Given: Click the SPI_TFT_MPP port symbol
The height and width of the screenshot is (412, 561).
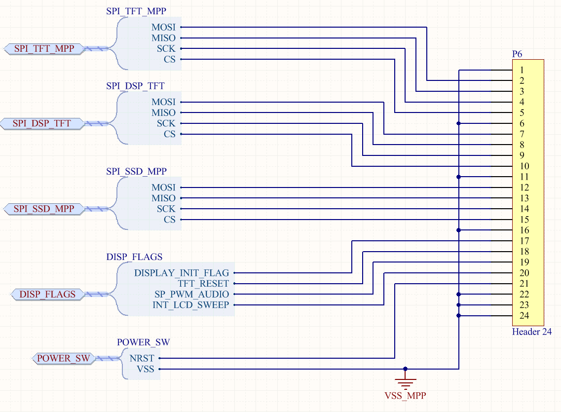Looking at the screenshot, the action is pyautogui.click(x=44, y=49).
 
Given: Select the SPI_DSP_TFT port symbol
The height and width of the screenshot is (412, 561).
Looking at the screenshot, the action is pyautogui.click(x=42, y=123).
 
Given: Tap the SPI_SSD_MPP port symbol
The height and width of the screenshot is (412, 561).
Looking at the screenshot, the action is pyautogui.click(x=44, y=209).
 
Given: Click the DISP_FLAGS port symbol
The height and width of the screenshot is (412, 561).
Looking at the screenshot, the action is pyautogui.click(x=47, y=295).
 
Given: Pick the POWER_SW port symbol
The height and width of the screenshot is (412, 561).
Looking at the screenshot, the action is pyautogui.click(x=64, y=358).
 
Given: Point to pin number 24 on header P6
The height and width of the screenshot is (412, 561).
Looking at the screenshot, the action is pyautogui.click(x=524, y=316).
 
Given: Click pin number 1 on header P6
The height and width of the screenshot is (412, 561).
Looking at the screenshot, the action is pyautogui.click(x=522, y=70).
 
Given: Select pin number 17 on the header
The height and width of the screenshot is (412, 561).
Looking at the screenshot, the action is pyautogui.click(x=524, y=241).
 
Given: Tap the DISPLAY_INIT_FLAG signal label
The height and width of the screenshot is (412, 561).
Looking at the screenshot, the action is pyautogui.click(x=182, y=273).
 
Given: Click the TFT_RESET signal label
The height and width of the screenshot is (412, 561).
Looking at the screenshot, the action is pyautogui.click(x=203, y=284).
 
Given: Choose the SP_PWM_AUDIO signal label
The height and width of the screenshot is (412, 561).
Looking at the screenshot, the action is pyautogui.click(x=192, y=295).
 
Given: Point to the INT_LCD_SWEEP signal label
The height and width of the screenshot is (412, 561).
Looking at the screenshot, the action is pyautogui.click(x=190, y=305).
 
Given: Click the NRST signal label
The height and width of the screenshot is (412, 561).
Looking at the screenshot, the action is pyautogui.click(x=142, y=358).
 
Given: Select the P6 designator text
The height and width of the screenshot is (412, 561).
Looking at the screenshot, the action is pyautogui.click(x=517, y=54).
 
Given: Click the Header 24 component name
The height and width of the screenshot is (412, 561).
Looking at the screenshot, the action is pyautogui.click(x=532, y=332).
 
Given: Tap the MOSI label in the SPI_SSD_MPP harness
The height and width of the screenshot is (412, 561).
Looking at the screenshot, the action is pyautogui.click(x=163, y=187).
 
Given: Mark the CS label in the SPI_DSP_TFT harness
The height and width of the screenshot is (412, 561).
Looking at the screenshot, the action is pyautogui.click(x=170, y=134).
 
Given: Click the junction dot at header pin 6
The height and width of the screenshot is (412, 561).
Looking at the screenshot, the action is pyautogui.click(x=459, y=123).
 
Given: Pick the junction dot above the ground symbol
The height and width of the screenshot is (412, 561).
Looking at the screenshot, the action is pyautogui.click(x=405, y=369).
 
